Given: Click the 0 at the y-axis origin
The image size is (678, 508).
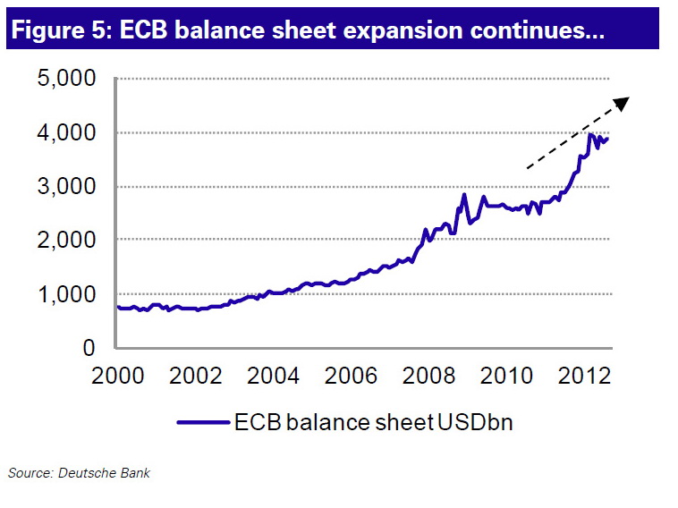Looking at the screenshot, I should coord(89,348).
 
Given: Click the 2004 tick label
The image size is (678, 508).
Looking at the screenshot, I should coord(267,374).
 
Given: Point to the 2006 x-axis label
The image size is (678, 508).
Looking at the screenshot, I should coord(341,374).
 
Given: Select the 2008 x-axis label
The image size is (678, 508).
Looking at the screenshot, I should coord(415,374).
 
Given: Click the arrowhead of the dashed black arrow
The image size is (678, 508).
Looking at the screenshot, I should coord(623,102).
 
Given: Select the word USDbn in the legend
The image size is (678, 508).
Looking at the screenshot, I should coord(476,420).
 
